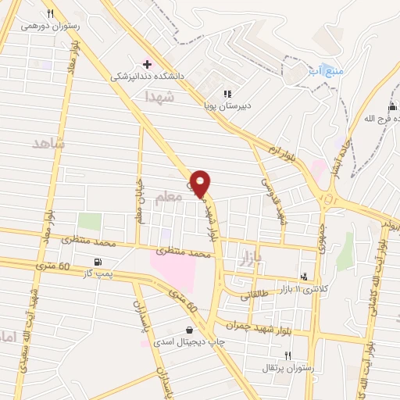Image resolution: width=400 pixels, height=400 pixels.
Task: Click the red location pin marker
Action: [x=201, y=183]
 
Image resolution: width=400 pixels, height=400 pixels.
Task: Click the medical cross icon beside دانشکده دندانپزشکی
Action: [x=147, y=63]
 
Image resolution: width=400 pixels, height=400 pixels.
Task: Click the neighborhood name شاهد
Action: [x=48, y=145]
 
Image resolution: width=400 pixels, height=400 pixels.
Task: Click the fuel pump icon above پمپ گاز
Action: [x=98, y=262]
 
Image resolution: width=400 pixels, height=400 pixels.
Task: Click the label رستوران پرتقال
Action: [x=288, y=367]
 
